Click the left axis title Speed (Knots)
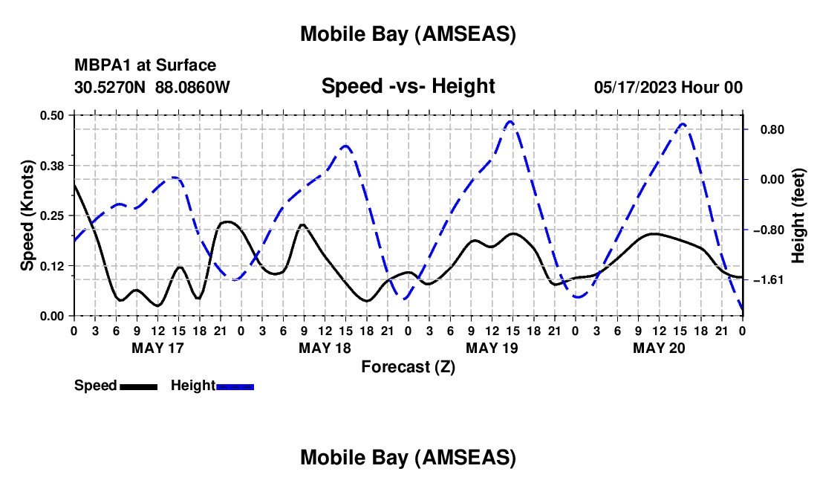coord(27,215)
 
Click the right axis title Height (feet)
coord(798,215)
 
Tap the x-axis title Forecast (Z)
coord(408,366)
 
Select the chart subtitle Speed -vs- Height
coord(408,86)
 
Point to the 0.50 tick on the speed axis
coord(53,115)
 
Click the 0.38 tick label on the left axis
coord(53,165)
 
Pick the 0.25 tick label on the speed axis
coord(53,215)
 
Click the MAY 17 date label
coord(157,348)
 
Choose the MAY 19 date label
coord(491,348)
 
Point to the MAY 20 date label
coord(658,348)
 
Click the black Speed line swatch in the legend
coord(138,386)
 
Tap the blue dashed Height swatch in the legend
coord(235,386)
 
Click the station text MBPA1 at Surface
coord(145,65)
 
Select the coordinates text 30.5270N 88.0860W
coord(152,87)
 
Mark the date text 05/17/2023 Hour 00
coord(668,87)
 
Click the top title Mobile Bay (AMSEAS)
coord(408,33)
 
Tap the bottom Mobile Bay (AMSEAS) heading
coord(408,458)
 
